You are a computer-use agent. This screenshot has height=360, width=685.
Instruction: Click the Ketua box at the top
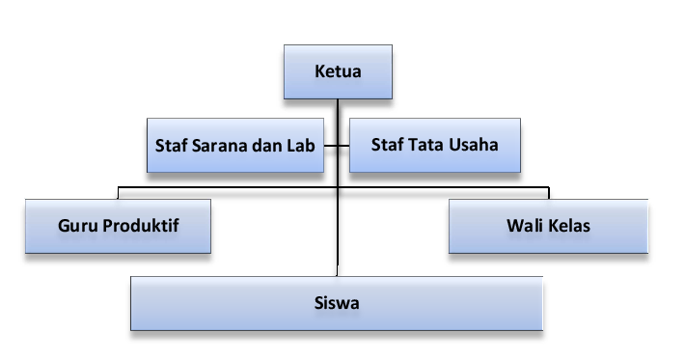[337, 72]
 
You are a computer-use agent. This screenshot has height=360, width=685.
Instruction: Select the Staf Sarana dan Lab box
[234, 145]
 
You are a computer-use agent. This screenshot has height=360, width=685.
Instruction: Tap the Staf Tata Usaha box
[434, 145]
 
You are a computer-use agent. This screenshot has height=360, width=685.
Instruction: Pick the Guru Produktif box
[118, 226]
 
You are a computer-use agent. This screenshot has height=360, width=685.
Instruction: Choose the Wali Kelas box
[548, 226]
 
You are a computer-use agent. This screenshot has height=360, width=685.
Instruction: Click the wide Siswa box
[337, 303]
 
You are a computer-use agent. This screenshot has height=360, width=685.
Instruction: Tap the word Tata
[426, 146]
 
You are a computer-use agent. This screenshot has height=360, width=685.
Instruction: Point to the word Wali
[524, 227]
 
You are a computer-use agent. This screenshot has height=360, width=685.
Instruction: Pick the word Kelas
[569, 227]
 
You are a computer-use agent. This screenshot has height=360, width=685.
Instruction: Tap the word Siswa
[337, 303]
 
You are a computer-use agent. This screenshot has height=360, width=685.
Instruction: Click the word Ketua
[337, 72]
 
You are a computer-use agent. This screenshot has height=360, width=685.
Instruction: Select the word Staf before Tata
[388, 146]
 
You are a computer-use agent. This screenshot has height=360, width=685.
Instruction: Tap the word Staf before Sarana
[171, 146]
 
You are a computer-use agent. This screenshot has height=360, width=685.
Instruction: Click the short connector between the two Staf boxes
[336, 146]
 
